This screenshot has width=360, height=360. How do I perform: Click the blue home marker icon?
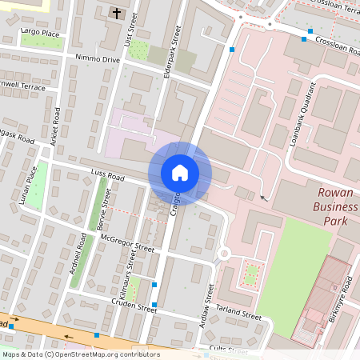coord(180,173)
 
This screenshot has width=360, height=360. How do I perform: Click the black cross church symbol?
coord(117,14)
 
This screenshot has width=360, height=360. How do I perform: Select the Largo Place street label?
coord(40,34)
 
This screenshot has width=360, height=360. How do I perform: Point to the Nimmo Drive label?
coord(97,59)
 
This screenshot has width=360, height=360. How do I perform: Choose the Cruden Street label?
coord(134,306)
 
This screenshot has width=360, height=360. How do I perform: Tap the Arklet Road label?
coord(56,126)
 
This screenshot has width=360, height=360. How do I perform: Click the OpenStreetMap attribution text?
coord(81,354)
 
